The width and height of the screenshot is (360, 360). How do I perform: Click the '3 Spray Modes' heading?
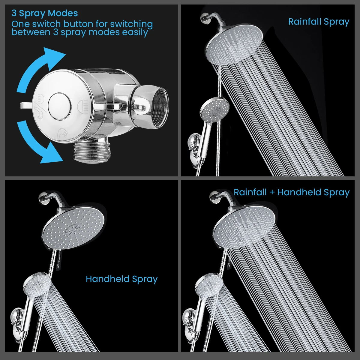(45, 13)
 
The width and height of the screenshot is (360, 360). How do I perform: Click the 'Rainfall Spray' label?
(319, 22)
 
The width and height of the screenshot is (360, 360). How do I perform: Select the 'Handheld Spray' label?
(121, 279)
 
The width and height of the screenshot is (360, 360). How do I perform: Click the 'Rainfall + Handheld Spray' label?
(292, 192)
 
